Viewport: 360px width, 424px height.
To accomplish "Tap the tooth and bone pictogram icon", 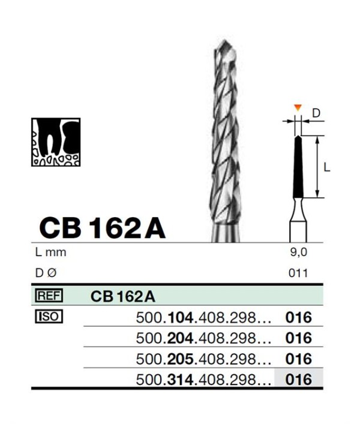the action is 56,142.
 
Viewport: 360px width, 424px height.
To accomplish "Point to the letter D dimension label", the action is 316,113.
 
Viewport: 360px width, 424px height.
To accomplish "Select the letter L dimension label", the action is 327,168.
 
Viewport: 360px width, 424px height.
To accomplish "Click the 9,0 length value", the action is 298,252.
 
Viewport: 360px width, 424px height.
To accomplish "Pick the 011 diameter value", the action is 298,273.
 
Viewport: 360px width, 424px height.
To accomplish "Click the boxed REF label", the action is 49,295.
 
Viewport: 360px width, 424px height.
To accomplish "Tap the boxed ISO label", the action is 49,316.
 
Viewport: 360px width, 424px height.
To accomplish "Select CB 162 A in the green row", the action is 123,296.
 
